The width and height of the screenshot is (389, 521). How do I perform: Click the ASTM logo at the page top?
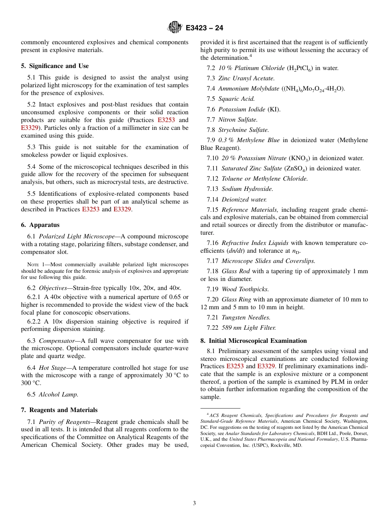click(175, 27)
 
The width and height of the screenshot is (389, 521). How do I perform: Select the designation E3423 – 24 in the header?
click(204, 28)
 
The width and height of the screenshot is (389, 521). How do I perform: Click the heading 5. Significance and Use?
click(55, 66)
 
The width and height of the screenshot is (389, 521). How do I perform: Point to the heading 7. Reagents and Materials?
click(59, 410)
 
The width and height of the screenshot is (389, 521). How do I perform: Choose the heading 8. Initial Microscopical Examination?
click(253, 341)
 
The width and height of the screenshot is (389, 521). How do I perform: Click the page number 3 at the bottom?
click(194, 503)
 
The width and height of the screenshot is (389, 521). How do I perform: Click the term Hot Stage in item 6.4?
click(52, 368)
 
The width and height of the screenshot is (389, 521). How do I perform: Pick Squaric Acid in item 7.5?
click(236, 99)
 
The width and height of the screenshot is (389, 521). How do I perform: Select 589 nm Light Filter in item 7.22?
click(249, 328)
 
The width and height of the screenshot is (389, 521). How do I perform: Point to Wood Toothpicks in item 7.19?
click(245, 289)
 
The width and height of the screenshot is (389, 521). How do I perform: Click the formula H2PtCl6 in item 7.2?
click(300, 68)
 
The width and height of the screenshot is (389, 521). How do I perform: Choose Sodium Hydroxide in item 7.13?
click(247, 189)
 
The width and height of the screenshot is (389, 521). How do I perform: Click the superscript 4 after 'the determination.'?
click(251, 56)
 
